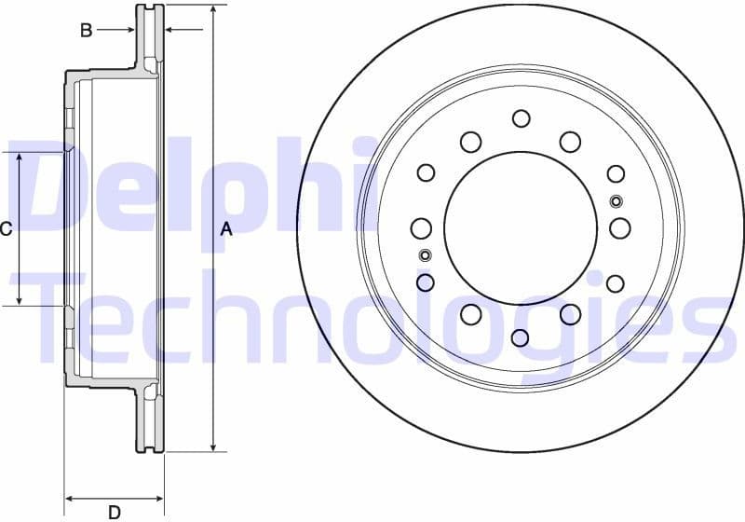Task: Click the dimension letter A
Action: pos(225,229)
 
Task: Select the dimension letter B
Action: pos(86,31)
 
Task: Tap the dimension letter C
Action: pos(6,229)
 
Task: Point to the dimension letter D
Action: pos(114,511)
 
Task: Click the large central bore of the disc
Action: pos(521,227)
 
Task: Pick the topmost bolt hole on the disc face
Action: pos(521,118)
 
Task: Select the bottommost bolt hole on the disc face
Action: pos(521,337)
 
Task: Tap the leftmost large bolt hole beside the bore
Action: pos(421,228)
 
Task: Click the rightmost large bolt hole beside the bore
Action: pos(620,227)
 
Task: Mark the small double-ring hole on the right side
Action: pos(616,201)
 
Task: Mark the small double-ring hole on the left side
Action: pos(425,255)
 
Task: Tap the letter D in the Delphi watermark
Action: pos(61,186)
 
